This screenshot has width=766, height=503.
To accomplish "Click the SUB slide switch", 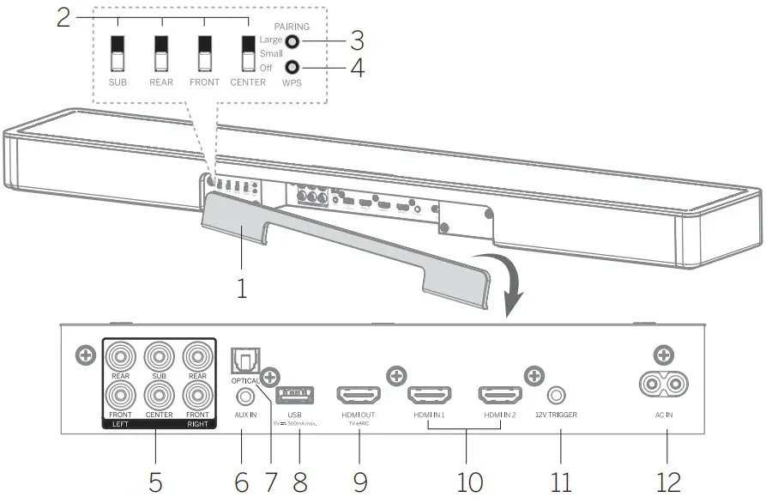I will (x=117, y=54).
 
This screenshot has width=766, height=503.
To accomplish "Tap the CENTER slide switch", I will (x=248, y=54).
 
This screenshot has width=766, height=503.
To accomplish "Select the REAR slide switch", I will (x=160, y=54).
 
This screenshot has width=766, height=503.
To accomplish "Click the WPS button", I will (x=293, y=68).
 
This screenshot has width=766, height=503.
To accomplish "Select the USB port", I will (x=294, y=396).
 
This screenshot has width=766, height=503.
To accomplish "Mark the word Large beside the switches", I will (x=270, y=40).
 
